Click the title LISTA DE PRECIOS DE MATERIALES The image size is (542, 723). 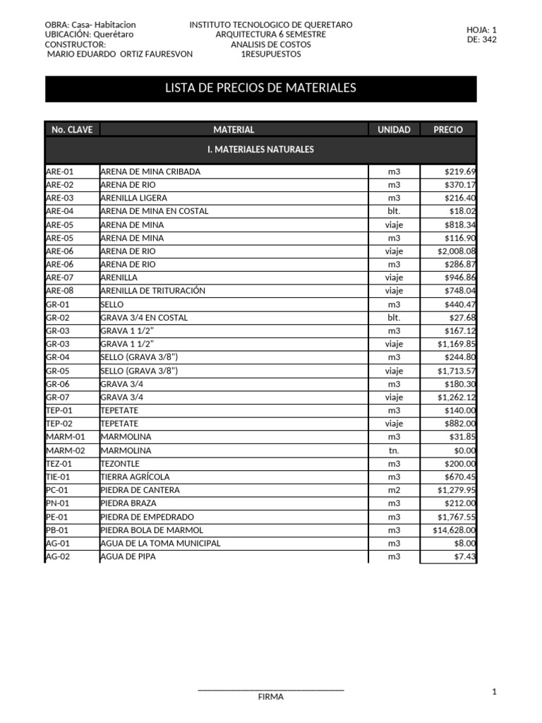pyautogui.click(x=260, y=88)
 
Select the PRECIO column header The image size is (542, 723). pyautogui.click(x=448, y=130)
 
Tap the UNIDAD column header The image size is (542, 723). pyautogui.click(x=393, y=130)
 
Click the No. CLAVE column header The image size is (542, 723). pyautogui.click(x=72, y=130)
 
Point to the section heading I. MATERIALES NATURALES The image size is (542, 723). pyautogui.click(x=260, y=150)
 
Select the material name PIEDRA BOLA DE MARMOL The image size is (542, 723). pyautogui.click(x=152, y=530)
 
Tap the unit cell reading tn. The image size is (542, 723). pyautogui.click(x=393, y=450)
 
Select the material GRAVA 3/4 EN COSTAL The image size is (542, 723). pyautogui.click(x=145, y=318)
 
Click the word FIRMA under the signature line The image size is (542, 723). pyautogui.click(x=271, y=697)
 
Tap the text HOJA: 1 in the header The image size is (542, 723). pyautogui.click(x=481, y=30)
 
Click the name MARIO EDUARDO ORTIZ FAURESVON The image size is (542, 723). pyautogui.click(x=119, y=54)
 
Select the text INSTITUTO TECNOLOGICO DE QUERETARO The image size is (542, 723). pyautogui.click(x=271, y=25)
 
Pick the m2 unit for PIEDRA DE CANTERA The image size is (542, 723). pyautogui.click(x=393, y=490)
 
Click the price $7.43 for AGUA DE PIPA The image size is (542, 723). pyautogui.click(x=465, y=556)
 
